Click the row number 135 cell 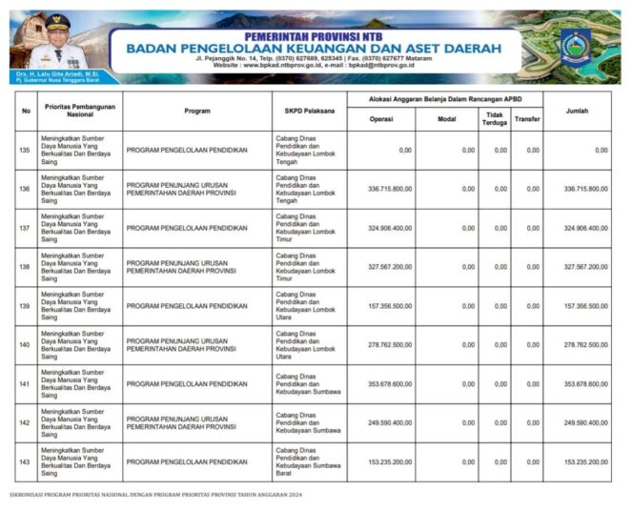[25, 150]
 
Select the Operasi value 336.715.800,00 [390, 189]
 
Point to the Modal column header [446, 119]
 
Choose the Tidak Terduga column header [494, 119]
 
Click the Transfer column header [526, 119]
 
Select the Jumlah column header [577, 111]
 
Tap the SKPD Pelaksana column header [309, 111]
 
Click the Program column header [197, 111]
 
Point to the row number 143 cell [25, 461]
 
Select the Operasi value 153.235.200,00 [390, 461]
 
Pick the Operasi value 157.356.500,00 [390, 306]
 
